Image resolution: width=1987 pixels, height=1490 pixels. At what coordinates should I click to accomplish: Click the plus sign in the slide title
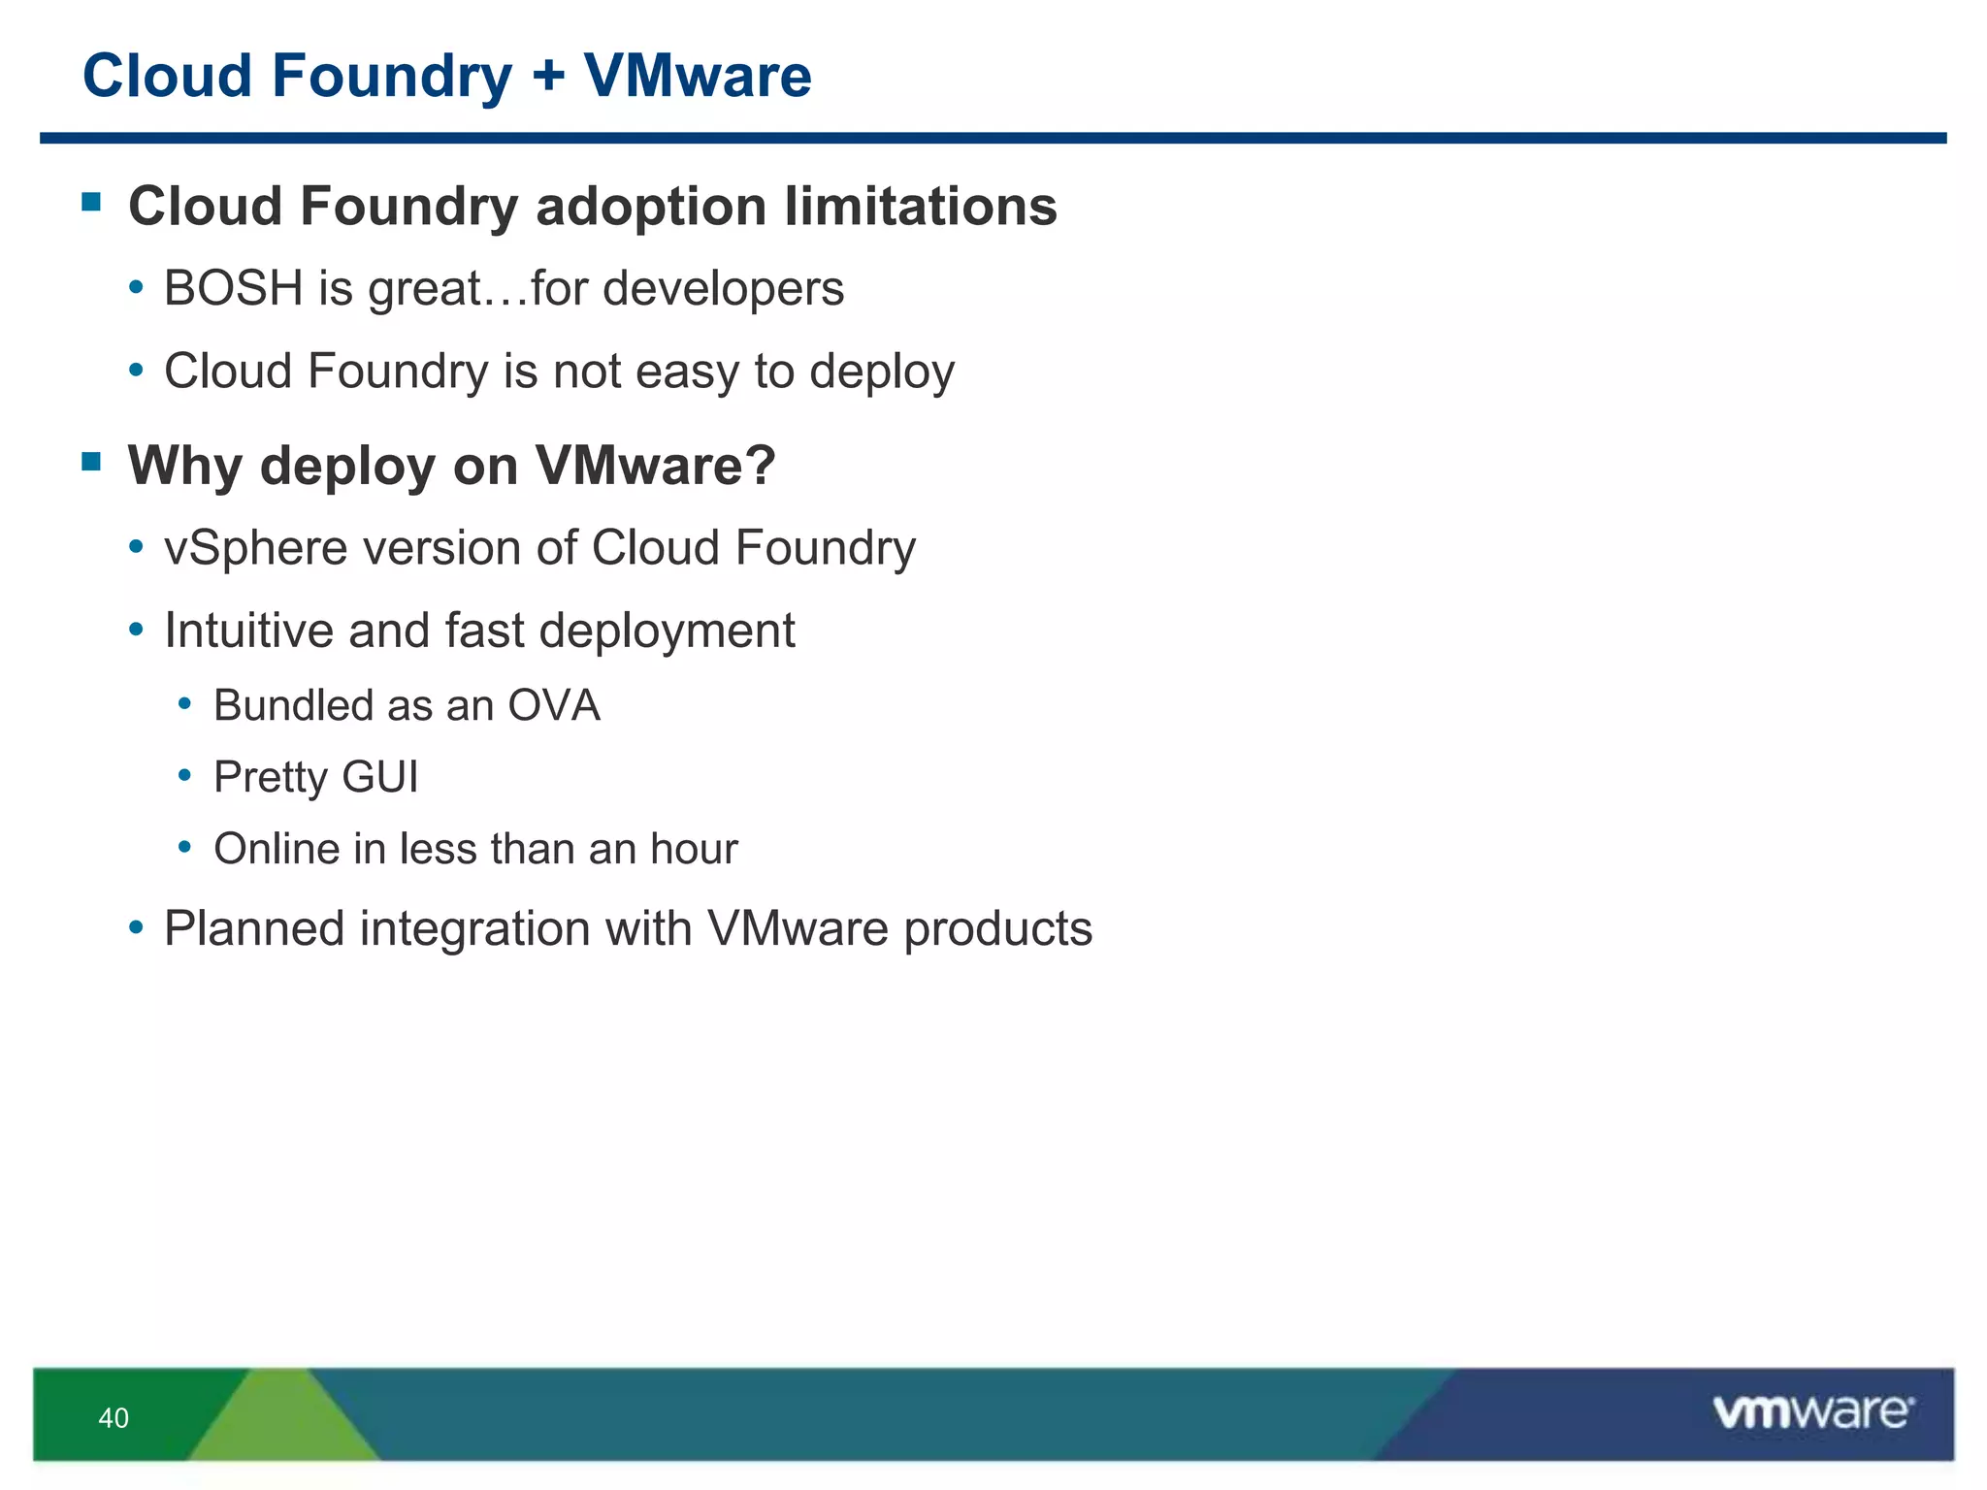[x=548, y=77]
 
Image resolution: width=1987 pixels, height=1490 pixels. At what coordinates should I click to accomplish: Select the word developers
[x=723, y=288]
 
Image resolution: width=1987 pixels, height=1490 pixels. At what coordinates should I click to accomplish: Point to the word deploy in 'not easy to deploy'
[x=882, y=372]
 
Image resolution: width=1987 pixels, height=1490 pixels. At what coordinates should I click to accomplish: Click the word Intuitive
[x=248, y=631]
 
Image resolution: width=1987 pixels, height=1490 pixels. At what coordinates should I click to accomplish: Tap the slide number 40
[x=114, y=1418]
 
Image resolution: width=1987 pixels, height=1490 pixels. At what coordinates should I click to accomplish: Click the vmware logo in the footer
[x=1812, y=1411]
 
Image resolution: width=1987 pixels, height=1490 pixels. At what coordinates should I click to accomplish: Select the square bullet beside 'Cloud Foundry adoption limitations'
[x=92, y=202]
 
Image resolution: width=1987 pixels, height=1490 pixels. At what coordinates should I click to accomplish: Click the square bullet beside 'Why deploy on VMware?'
[x=92, y=461]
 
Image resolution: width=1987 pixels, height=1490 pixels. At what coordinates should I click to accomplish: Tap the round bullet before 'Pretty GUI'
[x=184, y=775]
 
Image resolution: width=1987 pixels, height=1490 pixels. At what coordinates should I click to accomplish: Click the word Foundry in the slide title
[x=391, y=77]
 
